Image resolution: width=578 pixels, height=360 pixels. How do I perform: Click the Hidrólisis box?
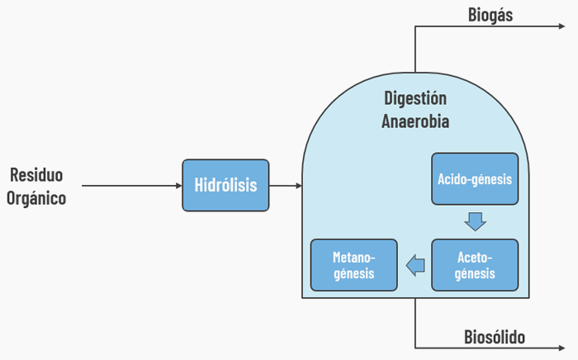tap(225, 185)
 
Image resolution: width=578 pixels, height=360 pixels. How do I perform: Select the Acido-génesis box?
tap(475, 179)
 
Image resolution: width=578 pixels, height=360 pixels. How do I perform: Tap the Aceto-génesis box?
tap(475, 265)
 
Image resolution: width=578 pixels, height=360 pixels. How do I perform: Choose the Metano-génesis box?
tap(353, 265)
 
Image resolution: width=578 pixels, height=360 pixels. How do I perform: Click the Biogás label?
tap(490, 14)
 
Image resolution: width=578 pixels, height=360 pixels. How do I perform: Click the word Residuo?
tap(37, 175)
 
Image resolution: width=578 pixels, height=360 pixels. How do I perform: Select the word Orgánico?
tap(37, 198)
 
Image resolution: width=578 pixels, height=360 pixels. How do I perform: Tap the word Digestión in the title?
tap(415, 98)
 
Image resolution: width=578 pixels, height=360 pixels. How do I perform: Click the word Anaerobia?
tap(415, 121)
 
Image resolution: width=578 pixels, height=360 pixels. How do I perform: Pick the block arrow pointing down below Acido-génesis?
tap(475, 221)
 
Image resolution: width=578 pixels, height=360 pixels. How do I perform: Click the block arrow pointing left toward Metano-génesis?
tap(415, 265)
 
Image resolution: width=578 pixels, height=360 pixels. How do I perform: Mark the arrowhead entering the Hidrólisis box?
tap(178, 185)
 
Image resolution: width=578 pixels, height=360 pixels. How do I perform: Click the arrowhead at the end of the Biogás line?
tap(561, 27)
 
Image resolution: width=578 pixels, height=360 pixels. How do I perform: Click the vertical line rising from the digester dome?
tap(415, 50)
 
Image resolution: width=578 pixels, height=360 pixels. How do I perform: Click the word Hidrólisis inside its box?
tap(225, 185)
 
